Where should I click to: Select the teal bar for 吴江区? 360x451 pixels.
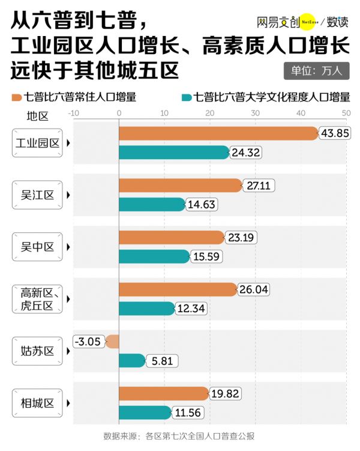click(152, 205)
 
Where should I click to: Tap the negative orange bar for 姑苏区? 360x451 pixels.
click(112, 342)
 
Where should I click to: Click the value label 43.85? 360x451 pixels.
click(335, 133)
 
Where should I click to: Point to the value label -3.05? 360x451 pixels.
click(88, 342)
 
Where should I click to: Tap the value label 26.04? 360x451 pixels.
click(253, 290)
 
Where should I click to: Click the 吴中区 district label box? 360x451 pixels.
click(37, 247)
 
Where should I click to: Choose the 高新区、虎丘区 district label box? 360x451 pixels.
click(37, 299)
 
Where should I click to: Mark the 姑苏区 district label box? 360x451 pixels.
click(37, 351)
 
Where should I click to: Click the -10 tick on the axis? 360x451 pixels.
click(74, 113)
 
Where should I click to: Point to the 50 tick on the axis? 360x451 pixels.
click(346, 113)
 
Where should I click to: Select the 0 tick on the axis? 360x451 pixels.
click(119, 113)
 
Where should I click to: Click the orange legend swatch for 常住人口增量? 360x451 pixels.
click(16, 97)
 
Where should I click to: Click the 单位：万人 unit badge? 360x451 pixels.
click(316, 70)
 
